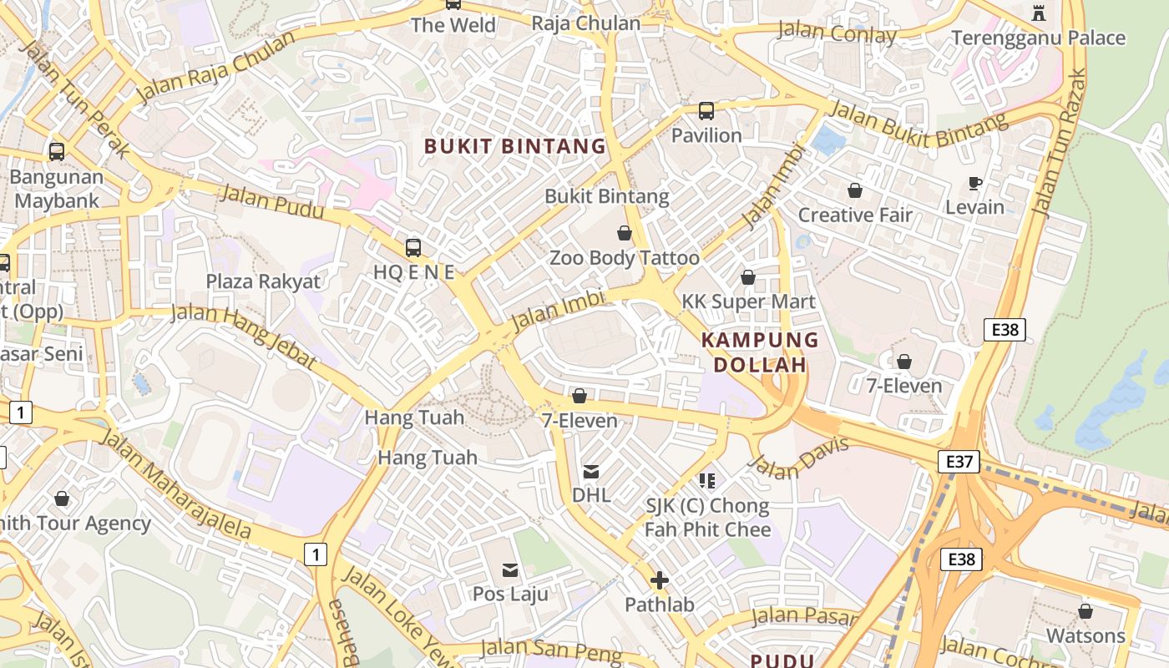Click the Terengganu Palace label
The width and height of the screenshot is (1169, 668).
1039,38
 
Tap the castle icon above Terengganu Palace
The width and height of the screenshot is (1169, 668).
1039,13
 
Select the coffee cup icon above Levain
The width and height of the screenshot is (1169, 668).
974,183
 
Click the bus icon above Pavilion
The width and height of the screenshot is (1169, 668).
706,110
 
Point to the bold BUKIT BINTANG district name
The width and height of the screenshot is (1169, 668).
515,146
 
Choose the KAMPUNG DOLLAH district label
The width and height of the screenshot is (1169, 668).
760,352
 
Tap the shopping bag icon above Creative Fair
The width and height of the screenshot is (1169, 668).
854,190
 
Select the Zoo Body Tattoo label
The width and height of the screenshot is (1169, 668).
625,258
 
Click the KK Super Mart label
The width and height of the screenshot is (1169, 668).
748,301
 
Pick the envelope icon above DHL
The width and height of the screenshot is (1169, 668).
591,472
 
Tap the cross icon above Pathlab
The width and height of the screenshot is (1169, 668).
660,580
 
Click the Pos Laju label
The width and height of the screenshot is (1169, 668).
510,594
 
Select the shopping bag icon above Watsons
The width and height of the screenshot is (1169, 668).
1085,611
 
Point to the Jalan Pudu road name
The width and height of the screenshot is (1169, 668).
271,203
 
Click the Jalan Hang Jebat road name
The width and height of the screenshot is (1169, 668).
244,336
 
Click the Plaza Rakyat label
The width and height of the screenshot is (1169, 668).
263,281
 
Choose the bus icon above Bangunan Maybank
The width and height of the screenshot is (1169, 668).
57,152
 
